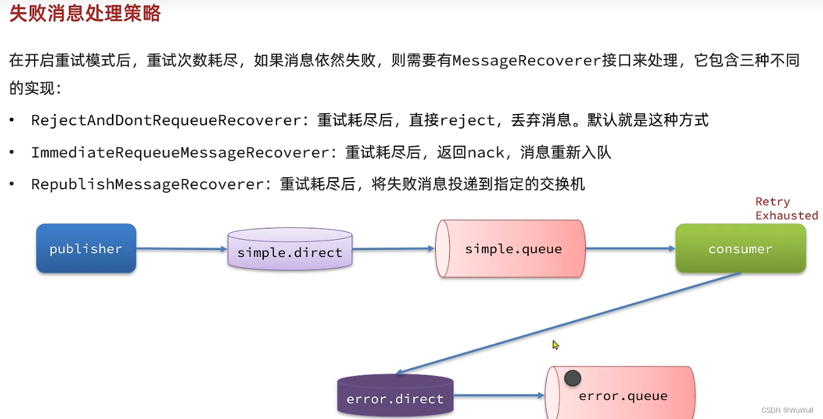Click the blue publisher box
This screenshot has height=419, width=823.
point(86,248)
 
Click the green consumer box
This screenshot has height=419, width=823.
point(740,249)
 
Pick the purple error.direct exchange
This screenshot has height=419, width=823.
point(395,398)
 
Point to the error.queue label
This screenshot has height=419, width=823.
point(623,396)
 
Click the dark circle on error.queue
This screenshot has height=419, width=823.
point(572,378)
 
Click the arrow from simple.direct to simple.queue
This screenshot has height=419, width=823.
point(393,249)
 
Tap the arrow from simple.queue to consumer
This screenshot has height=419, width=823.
point(629,249)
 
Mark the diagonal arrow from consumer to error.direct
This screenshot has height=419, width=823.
point(569,323)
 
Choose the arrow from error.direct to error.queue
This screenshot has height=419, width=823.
point(498,396)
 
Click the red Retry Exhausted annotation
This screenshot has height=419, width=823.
point(786,208)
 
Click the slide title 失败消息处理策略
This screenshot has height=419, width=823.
point(85,13)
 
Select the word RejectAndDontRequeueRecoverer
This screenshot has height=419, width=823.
point(166,120)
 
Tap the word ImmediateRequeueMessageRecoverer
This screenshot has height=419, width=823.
point(180,153)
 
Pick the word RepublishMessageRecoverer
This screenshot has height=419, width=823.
point(147,184)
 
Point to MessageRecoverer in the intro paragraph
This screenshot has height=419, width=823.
point(526,61)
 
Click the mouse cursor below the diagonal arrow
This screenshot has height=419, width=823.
point(555,345)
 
